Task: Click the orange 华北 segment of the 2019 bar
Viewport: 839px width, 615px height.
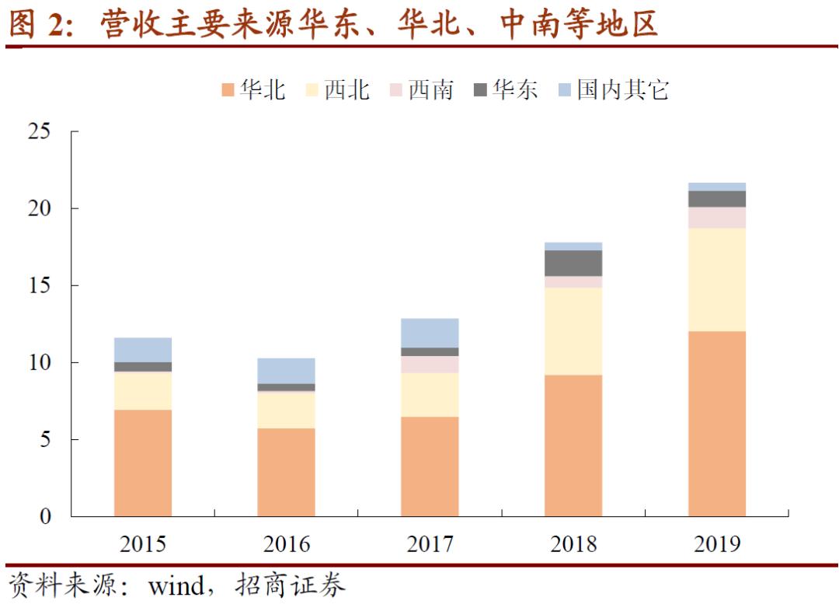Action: pyautogui.click(x=716, y=424)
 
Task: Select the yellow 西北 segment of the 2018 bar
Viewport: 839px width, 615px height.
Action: pyautogui.click(x=573, y=331)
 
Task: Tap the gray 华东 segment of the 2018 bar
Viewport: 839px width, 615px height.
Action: pyautogui.click(x=573, y=264)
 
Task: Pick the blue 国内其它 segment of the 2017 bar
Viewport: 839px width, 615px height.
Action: pyautogui.click(x=430, y=333)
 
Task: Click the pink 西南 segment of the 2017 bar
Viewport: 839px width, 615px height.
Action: pyautogui.click(x=430, y=365)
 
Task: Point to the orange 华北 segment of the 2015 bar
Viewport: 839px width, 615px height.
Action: pyautogui.click(x=143, y=463)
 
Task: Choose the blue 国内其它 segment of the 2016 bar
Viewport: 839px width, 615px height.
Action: pyautogui.click(x=286, y=371)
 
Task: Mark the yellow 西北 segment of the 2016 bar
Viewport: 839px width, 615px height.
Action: pyautogui.click(x=286, y=410)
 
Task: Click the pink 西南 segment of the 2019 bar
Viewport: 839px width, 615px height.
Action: pyautogui.click(x=716, y=218)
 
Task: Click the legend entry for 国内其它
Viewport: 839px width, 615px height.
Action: pyautogui.click(x=613, y=90)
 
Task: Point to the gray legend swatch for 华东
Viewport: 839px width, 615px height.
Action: pyautogui.click(x=480, y=91)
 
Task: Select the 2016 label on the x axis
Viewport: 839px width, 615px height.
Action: pyautogui.click(x=286, y=543)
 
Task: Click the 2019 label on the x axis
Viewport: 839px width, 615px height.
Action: pyautogui.click(x=716, y=543)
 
